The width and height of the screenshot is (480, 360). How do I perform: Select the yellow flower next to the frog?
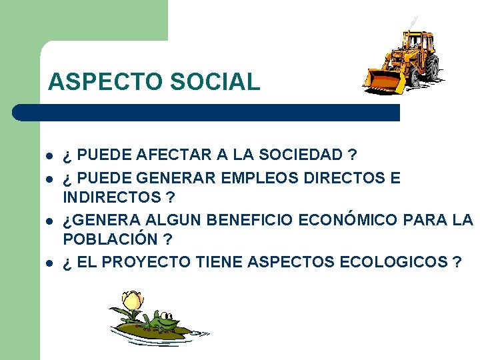pyautogui.click(x=133, y=301)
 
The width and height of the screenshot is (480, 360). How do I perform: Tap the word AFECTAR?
pyautogui.click(x=175, y=155)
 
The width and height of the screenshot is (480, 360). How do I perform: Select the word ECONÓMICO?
pyautogui.click(x=353, y=220)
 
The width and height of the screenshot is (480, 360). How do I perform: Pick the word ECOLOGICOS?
pyautogui.click(x=393, y=261)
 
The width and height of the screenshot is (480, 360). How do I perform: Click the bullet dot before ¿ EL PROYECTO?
pyautogui.click(x=49, y=262)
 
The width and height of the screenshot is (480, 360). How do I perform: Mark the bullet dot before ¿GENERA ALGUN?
pyautogui.click(x=49, y=221)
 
